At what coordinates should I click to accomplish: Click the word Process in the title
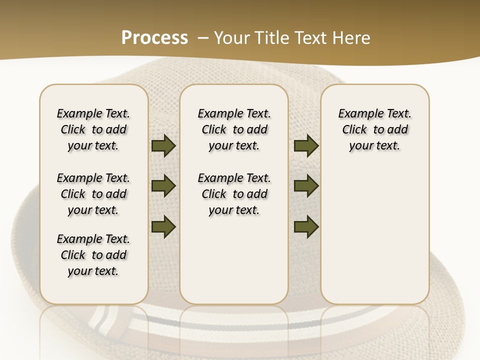pyautogui.click(x=154, y=37)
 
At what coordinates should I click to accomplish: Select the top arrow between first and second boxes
pyautogui.click(x=163, y=146)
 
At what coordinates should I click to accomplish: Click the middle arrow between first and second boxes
pyautogui.click(x=163, y=186)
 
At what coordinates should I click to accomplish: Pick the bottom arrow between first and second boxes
pyautogui.click(x=163, y=226)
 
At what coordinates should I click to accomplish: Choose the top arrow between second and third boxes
pyautogui.click(x=306, y=146)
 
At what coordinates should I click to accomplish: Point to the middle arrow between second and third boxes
pyautogui.click(x=306, y=186)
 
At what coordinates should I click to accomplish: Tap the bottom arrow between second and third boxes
pyautogui.click(x=306, y=226)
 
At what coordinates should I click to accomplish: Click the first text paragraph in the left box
pyautogui.click(x=93, y=129)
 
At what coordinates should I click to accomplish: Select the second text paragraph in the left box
pyautogui.click(x=93, y=194)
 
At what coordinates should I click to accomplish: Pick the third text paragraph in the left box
pyautogui.click(x=93, y=255)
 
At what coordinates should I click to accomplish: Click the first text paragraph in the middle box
pyautogui.click(x=234, y=129)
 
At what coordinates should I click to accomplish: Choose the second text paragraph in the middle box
pyautogui.click(x=234, y=194)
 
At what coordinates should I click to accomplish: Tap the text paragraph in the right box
pyautogui.click(x=375, y=129)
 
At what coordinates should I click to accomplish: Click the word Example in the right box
pyautogui.click(x=356, y=114)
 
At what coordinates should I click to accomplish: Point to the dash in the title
pyautogui.click(x=203, y=38)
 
